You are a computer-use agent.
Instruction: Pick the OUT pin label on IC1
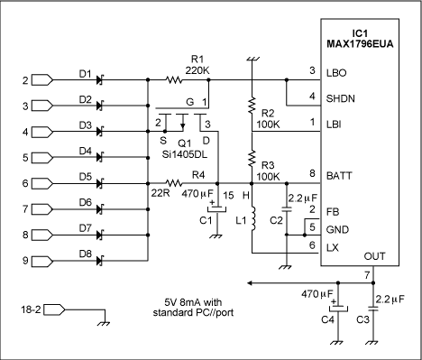(x=383, y=256)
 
